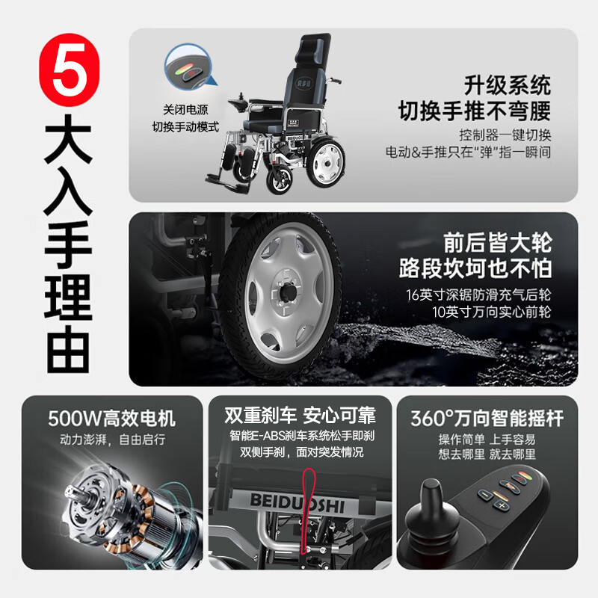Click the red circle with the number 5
tap(69, 70)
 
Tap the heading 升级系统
tap(508, 85)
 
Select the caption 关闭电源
tap(185, 110)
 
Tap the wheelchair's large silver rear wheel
tap(325, 162)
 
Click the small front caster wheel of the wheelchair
tap(280, 179)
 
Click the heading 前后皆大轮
tap(497, 243)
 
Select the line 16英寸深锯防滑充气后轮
tap(478, 295)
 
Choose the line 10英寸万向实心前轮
tap(492, 312)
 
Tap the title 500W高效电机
tap(111, 419)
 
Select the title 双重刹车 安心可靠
tap(300, 416)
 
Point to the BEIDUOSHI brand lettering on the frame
tap(298, 503)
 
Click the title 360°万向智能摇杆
tap(487, 419)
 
